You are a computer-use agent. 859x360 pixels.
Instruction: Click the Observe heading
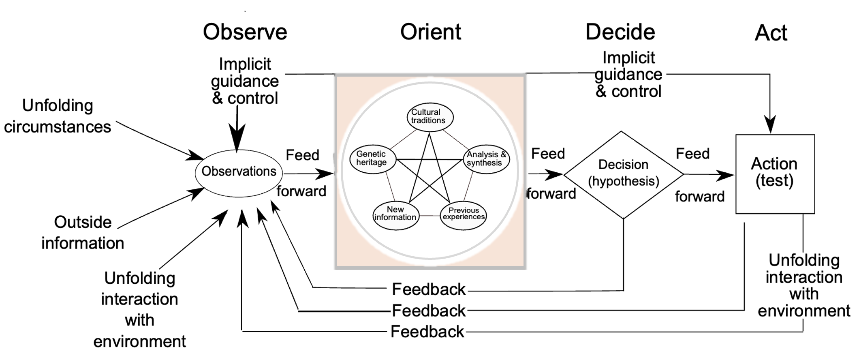[245, 32]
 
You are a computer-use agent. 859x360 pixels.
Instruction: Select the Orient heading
[430, 32]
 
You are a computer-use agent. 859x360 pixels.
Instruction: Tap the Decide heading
[620, 32]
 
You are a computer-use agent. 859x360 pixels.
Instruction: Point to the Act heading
[771, 33]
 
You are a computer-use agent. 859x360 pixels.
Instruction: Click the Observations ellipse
[239, 172]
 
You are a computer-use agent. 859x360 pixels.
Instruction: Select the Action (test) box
[775, 174]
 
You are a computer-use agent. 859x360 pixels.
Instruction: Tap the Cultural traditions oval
[429, 116]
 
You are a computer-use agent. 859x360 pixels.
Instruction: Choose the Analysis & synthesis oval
[486, 159]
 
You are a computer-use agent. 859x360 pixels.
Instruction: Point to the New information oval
[395, 214]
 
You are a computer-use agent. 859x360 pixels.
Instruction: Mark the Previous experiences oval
[464, 214]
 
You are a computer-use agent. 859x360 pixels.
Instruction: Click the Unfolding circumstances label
[58, 116]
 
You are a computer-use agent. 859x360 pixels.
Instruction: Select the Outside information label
[83, 233]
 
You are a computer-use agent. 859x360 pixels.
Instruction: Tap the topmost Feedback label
[429, 289]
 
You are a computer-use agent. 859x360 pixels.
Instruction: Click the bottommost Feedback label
[427, 332]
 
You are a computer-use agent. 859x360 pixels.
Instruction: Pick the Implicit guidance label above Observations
[245, 81]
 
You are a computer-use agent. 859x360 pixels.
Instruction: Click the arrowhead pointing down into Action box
[770, 124]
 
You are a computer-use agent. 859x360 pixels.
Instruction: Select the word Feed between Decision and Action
[692, 154]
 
